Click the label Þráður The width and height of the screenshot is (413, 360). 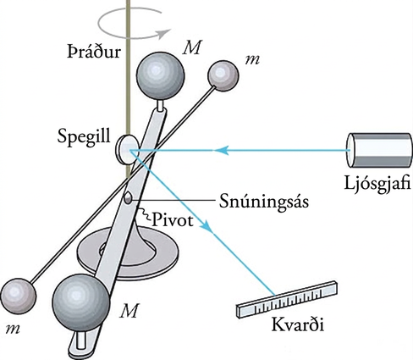94,52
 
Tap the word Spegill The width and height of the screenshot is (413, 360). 84,137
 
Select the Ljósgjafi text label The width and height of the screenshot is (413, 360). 377,184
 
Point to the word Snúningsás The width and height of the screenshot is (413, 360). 264,202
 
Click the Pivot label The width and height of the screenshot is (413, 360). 173,220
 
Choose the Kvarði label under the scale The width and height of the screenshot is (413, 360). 298,324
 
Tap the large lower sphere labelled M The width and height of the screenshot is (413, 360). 80,302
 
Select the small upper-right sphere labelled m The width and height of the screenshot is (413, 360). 223,75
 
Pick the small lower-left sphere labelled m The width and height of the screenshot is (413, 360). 18,296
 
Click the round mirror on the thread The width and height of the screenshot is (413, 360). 127,150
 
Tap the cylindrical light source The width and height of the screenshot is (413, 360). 378,150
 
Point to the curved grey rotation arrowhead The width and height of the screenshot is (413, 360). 165,33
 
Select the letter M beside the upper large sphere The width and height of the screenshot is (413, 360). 191,47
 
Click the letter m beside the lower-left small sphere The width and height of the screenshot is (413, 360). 13,330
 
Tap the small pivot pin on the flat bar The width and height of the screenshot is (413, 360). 128,198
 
